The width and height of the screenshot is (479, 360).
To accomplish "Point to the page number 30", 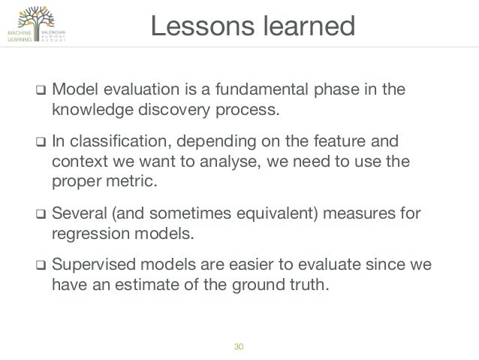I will (x=239, y=346).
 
